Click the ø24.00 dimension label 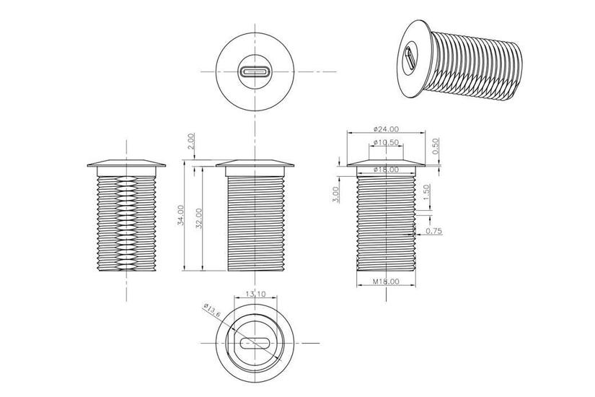(x=386, y=128)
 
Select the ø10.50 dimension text (x=386, y=143)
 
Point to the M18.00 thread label (x=386, y=282)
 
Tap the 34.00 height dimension (x=180, y=217)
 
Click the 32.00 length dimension (x=199, y=218)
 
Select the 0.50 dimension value (x=434, y=145)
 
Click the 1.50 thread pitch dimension (x=426, y=193)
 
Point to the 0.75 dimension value (x=434, y=231)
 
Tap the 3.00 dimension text (x=336, y=195)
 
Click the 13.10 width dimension (x=255, y=294)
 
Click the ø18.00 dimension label (x=386, y=169)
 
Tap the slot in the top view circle (x=255, y=72)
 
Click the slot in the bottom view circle (x=255, y=342)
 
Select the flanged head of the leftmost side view (x=127, y=164)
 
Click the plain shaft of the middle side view (x=255, y=224)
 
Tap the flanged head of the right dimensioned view (x=386, y=162)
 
